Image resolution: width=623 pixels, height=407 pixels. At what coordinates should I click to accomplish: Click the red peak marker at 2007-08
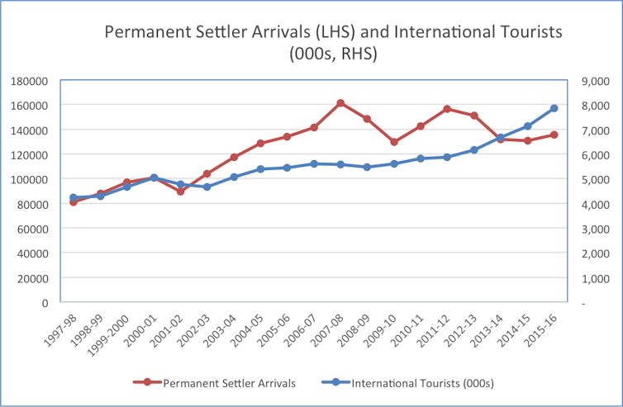click(340, 103)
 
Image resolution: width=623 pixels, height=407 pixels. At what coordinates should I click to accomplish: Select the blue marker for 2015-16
click(554, 108)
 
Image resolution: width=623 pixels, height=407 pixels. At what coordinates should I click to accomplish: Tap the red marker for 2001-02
click(180, 191)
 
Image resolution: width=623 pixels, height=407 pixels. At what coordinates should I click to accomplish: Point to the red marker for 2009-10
click(394, 142)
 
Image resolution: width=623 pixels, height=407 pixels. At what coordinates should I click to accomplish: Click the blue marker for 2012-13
click(474, 149)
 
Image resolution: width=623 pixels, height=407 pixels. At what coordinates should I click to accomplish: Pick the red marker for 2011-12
click(447, 109)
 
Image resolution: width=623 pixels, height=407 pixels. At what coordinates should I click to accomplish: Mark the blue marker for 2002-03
click(207, 187)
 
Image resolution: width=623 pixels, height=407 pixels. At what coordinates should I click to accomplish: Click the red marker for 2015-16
click(554, 135)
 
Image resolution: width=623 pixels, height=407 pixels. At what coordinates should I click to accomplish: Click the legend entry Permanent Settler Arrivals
click(228, 382)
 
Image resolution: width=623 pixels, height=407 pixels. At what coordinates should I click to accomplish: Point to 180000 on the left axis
click(30, 81)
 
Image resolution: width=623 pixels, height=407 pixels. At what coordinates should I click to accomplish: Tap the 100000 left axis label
click(30, 179)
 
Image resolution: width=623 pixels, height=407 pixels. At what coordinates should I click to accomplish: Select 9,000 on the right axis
click(596, 81)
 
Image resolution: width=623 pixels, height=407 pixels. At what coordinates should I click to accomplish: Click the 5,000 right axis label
click(596, 179)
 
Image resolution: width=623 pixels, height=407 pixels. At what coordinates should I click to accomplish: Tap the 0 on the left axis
click(44, 303)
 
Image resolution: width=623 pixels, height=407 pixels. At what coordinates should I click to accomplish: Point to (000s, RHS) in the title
click(333, 54)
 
